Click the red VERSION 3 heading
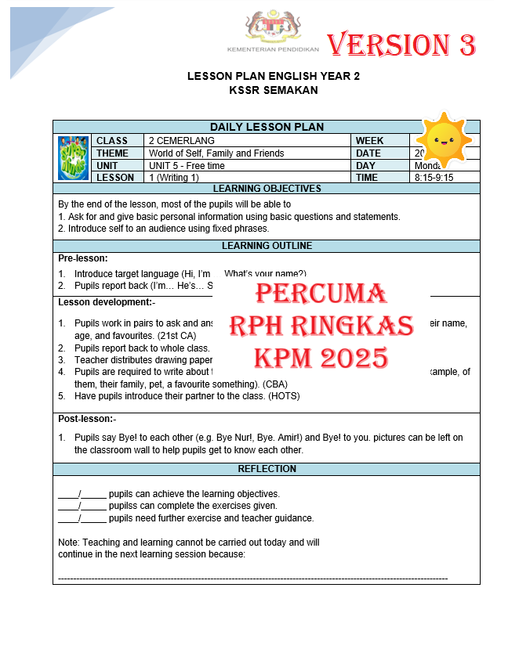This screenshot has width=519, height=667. point(401,45)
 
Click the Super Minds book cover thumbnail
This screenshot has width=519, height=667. point(73,158)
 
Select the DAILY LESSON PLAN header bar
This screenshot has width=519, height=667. point(267,127)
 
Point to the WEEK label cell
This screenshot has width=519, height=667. point(370,141)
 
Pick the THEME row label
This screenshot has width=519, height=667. point(113,153)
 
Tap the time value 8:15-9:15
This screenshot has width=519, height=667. point(434,178)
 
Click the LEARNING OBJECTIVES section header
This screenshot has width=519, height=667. point(267,189)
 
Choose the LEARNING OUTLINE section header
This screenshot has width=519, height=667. point(267,246)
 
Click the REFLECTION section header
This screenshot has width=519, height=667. point(267,469)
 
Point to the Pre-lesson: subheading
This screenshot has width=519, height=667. point(83,258)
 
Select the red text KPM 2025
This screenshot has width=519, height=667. point(321,358)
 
